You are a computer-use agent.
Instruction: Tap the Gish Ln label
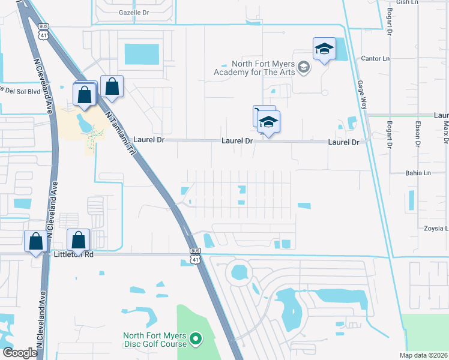pos(406,2)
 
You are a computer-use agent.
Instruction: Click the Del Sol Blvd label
pos(22,91)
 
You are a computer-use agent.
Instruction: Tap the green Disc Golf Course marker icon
pos(195,340)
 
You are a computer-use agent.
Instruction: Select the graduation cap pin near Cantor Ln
pos(324,49)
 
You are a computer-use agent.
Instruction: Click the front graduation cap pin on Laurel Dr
pos(268,122)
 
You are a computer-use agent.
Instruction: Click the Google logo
pos(20,353)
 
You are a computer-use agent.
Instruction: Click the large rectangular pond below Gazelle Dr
pos(142,54)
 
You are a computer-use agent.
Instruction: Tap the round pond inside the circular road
pos(240,274)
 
